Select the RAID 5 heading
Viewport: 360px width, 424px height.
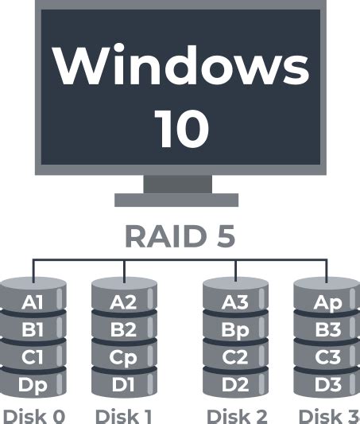[180, 236]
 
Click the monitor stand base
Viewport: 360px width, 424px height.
[176, 200]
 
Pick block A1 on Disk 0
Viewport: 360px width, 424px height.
[33, 301]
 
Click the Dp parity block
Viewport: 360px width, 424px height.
[33, 385]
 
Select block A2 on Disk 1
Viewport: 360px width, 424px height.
[123, 301]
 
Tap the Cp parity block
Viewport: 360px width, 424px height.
[123, 357]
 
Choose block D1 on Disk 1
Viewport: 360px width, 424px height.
[123, 385]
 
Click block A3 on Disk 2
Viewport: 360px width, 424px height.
[234, 301]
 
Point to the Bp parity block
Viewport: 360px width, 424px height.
[234, 329]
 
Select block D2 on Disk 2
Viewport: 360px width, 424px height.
[234, 385]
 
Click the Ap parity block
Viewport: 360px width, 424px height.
[327, 301]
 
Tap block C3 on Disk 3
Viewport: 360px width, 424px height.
[327, 357]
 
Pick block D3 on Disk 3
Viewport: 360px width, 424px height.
[327, 385]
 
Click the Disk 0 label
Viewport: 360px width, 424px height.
[33, 415]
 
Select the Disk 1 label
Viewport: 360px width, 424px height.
[123, 415]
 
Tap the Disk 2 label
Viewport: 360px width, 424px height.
[236, 415]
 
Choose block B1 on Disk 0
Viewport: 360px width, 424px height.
[33, 329]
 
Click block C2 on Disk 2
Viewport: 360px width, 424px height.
[234, 357]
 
